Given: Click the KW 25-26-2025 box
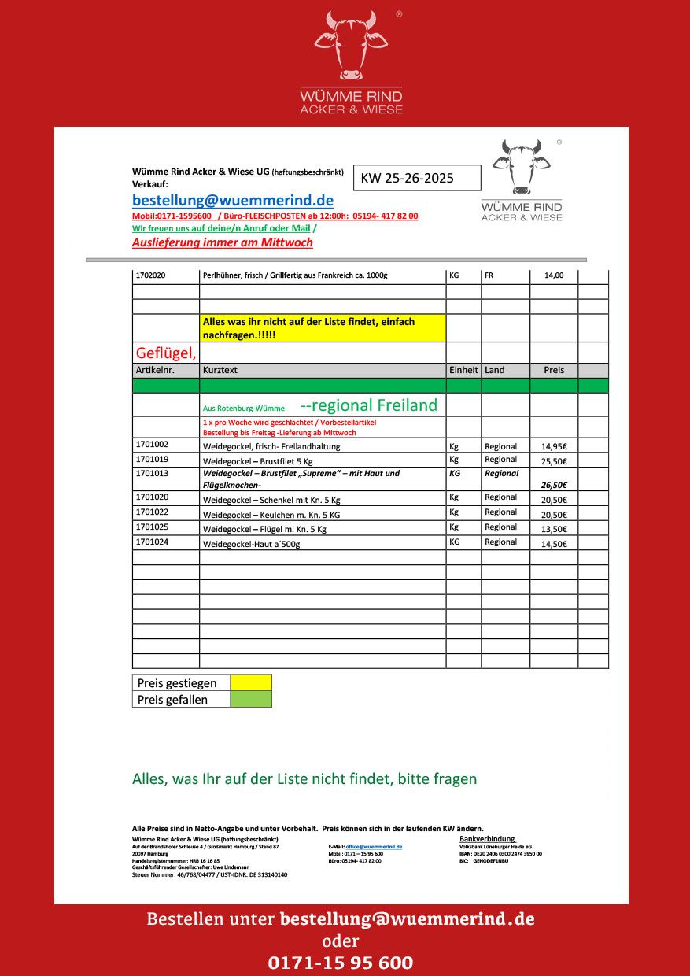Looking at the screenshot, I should (x=417, y=178).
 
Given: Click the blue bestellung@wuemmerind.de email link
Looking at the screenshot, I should (x=233, y=200).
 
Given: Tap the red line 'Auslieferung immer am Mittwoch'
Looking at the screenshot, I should (x=223, y=242).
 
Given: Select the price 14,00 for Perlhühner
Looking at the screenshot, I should (x=554, y=276).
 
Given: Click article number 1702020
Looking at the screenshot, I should (x=150, y=276).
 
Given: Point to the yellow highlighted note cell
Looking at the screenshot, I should (x=323, y=327).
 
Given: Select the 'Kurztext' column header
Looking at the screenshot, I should (x=220, y=370).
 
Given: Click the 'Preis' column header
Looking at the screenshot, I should (x=554, y=370).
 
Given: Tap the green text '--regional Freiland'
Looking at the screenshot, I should (x=368, y=405).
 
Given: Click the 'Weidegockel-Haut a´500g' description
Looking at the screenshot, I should (x=252, y=544).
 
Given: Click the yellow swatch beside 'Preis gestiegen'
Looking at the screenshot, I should (x=251, y=682).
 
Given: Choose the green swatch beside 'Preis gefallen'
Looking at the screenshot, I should (x=251, y=699).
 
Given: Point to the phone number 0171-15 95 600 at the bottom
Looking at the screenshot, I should (x=341, y=963).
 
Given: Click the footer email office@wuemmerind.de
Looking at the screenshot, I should (x=374, y=846).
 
